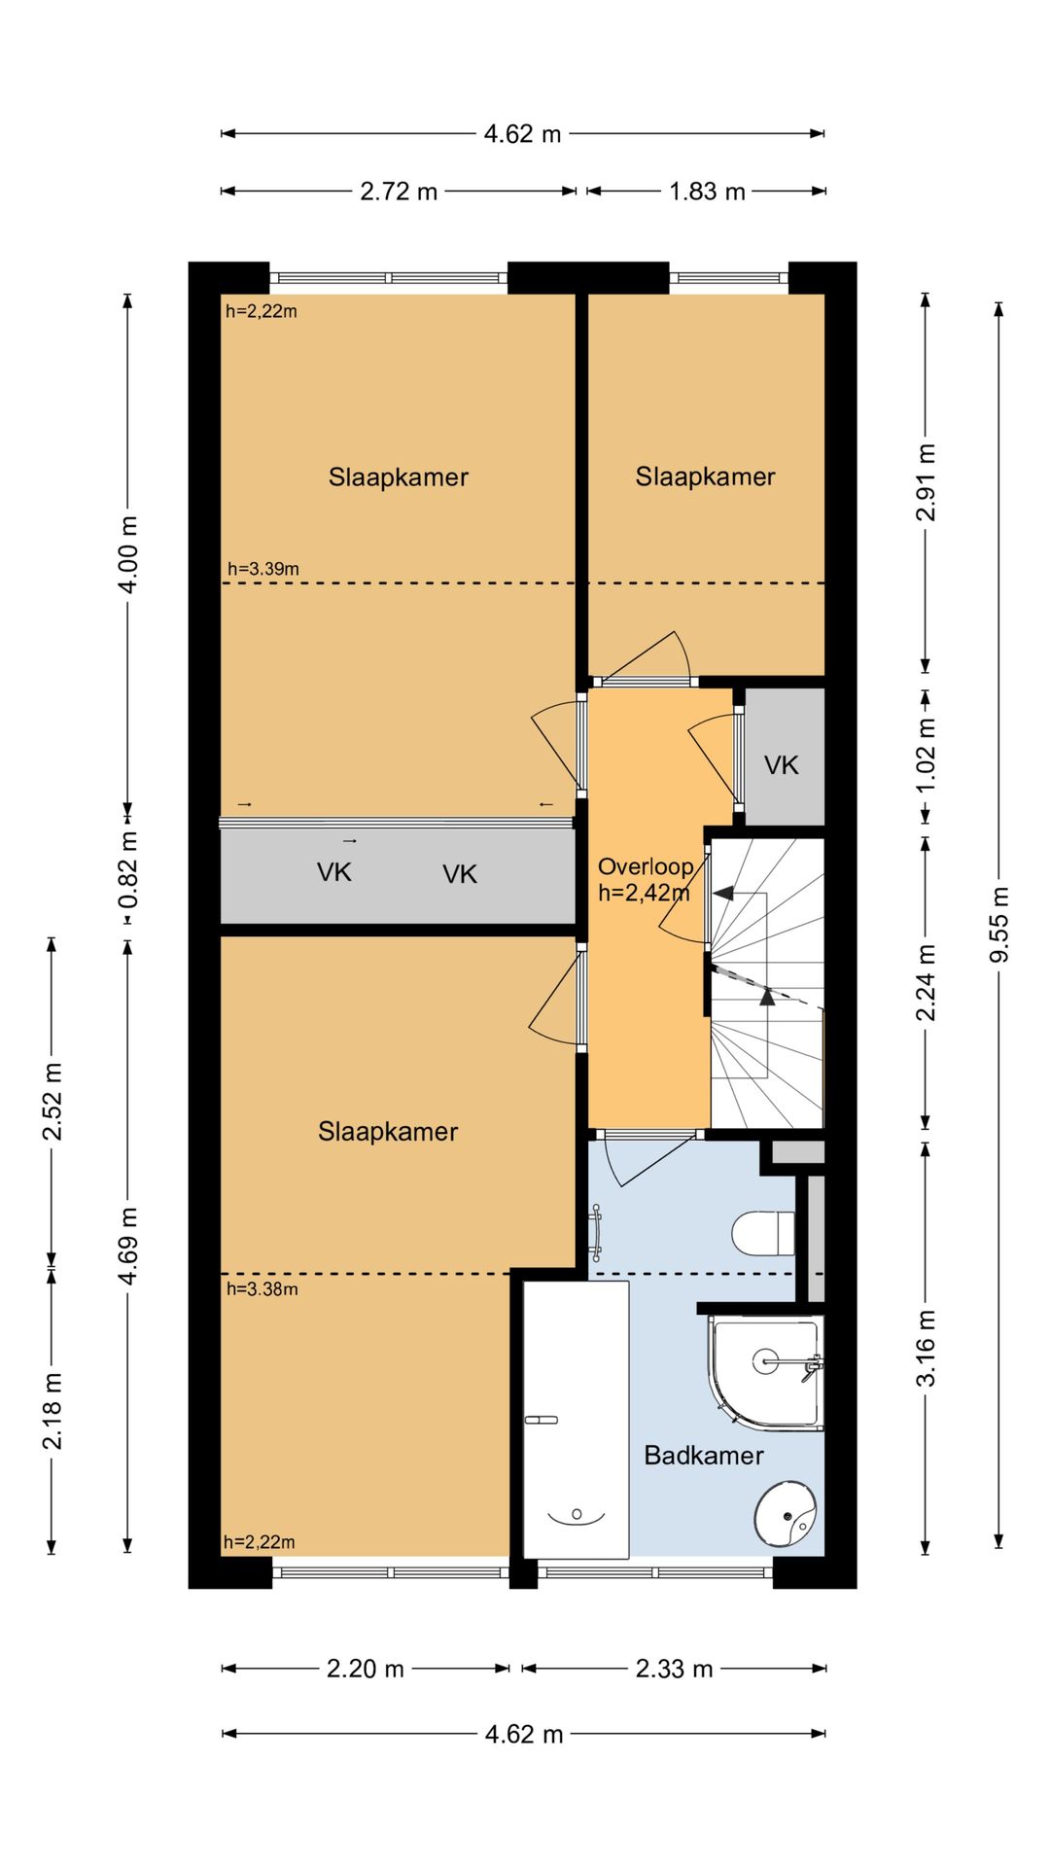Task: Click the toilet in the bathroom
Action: [x=764, y=1233]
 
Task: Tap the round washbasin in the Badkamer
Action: [x=786, y=1514]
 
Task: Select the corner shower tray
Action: [x=766, y=1373]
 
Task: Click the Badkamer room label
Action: [x=704, y=1455]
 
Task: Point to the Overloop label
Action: [x=646, y=866]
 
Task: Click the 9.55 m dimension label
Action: [x=998, y=925]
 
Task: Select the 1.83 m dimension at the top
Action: [x=707, y=192]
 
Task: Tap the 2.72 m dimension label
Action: [x=399, y=192]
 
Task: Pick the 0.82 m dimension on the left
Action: [x=127, y=869]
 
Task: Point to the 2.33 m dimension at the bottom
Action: [x=674, y=1669]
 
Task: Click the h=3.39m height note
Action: [x=263, y=569]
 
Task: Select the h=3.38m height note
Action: [x=262, y=1289]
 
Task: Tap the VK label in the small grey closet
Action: [x=781, y=765]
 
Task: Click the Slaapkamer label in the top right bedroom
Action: [x=705, y=476]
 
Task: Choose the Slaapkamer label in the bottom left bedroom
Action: [x=388, y=1131]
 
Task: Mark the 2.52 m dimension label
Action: [x=52, y=1101]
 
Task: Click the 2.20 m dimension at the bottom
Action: [x=365, y=1669]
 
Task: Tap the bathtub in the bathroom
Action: [x=576, y=1420]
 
